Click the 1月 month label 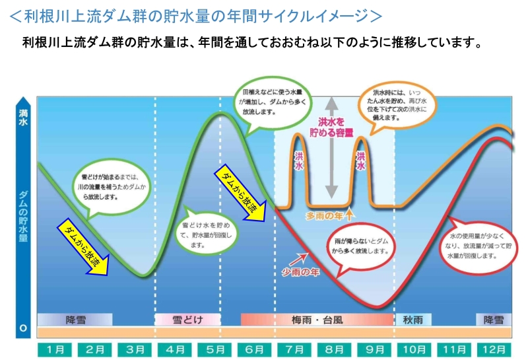pyautogui.click(x=55, y=349)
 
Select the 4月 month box pyautogui.click(x=174, y=349)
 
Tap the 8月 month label pyautogui.click(x=334, y=349)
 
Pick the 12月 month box pyautogui.click(x=494, y=349)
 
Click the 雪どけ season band pyautogui.click(x=187, y=319)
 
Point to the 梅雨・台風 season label pyautogui.click(x=317, y=320)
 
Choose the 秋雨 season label pyautogui.click(x=413, y=320)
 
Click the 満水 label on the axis pyautogui.click(x=23, y=118)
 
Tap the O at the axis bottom pyautogui.click(x=23, y=328)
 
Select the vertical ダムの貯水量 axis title pyautogui.click(x=23, y=217)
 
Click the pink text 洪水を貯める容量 pyautogui.click(x=331, y=127)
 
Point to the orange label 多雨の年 pyautogui.click(x=323, y=216)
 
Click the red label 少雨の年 pyautogui.click(x=300, y=271)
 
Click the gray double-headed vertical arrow pyautogui.click(x=331, y=148)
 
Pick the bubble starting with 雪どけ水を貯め pyautogui.click(x=207, y=233)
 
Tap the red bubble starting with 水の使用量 pyautogui.click(x=478, y=246)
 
